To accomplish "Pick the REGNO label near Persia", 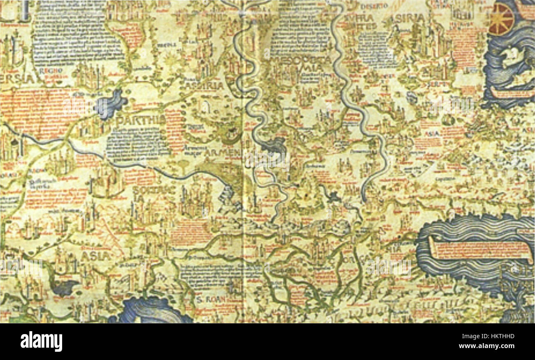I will pyautogui.click(x=51, y=71).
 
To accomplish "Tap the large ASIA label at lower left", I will pyautogui.click(x=95, y=256).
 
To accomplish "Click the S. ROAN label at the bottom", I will pyautogui.click(x=210, y=299).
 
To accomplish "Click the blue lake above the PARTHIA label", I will pyautogui.click(x=109, y=103).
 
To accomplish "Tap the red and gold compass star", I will pyautogui.click(x=501, y=19).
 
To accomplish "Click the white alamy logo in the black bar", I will pyautogui.click(x=41, y=341).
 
